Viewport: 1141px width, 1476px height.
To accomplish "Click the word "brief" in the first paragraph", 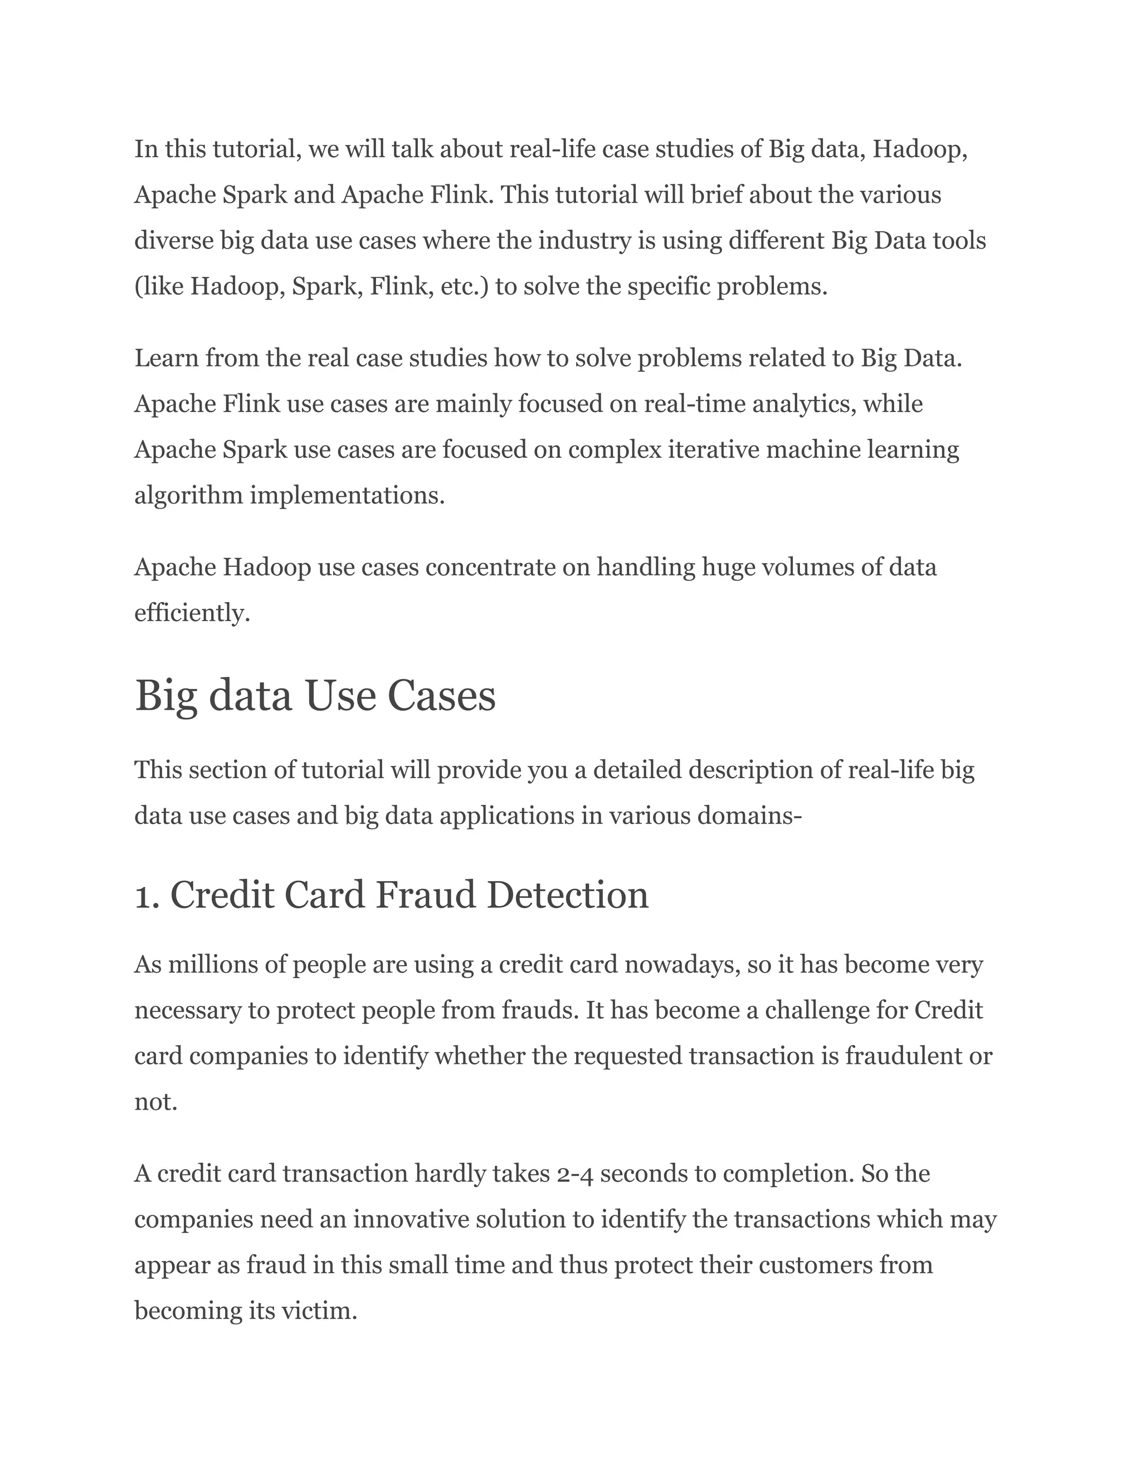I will (x=719, y=196).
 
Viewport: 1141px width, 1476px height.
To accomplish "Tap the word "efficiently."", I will (x=193, y=614).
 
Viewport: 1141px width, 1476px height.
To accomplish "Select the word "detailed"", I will (x=637, y=770).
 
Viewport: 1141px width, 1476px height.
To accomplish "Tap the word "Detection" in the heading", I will (x=567, y=896).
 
